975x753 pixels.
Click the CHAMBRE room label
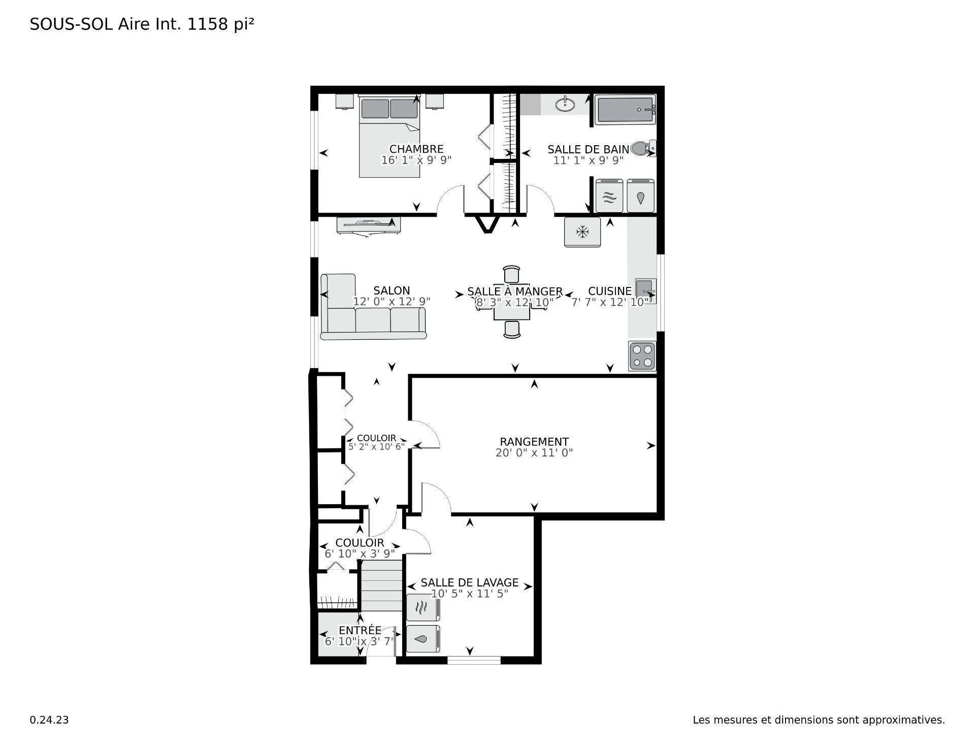point(416,149)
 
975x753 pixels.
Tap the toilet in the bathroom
point(643,149)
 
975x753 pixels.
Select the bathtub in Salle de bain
point(626,110)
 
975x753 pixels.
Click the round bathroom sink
point(565,105)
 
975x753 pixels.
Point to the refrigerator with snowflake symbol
point(582,232)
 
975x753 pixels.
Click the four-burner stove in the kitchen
point(642,356)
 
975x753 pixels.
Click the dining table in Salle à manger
point(512,302)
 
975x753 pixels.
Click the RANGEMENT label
point(534,442)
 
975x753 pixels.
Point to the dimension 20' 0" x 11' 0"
point(534,453)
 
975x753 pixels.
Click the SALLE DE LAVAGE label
point(470,583)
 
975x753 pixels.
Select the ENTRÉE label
point(360,630)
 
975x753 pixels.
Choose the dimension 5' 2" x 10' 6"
point(377,447)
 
